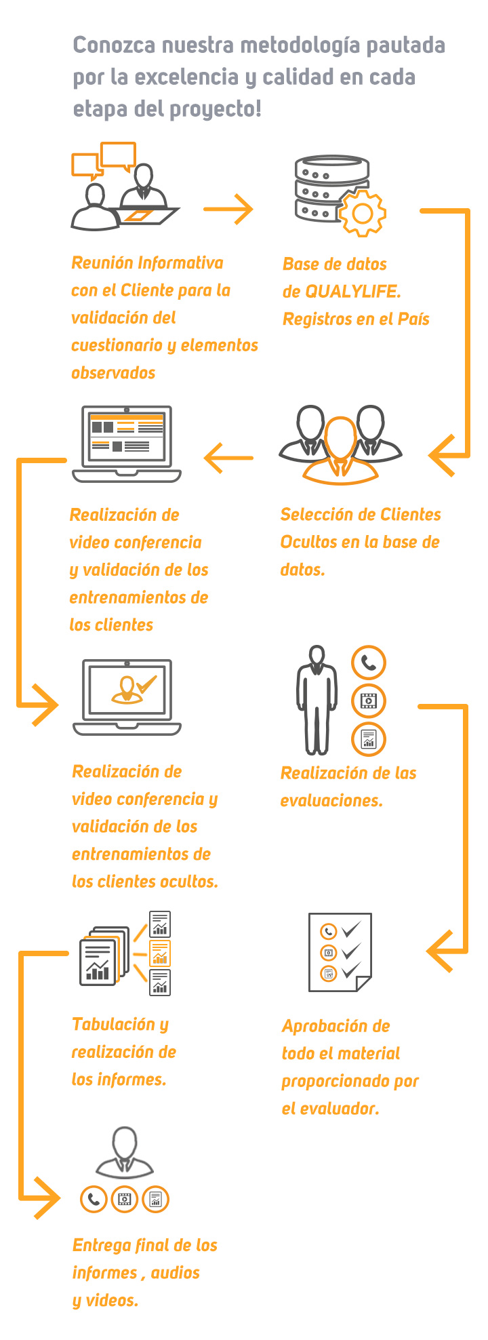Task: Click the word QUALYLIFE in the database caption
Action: point(352,292)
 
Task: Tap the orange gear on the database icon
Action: point(362,213)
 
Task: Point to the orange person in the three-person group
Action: point(341,450)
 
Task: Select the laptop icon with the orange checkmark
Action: point(127,696)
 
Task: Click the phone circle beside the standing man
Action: point(368,663)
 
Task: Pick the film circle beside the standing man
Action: point(368,701)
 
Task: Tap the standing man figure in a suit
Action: point(316,700)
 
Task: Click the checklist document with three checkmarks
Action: point(340,952)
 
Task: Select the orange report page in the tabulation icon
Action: point(160,953)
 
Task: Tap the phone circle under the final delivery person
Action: point(94,1199)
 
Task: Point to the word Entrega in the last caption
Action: point(102,1246)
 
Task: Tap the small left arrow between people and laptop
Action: point(228,458)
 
